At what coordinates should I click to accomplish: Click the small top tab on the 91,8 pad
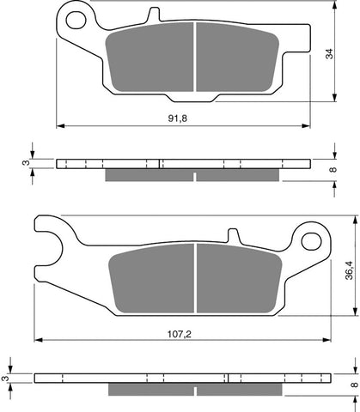[153, 15]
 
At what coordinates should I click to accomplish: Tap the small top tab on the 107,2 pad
[232, 233]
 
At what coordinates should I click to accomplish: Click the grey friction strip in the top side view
[192, 175]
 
